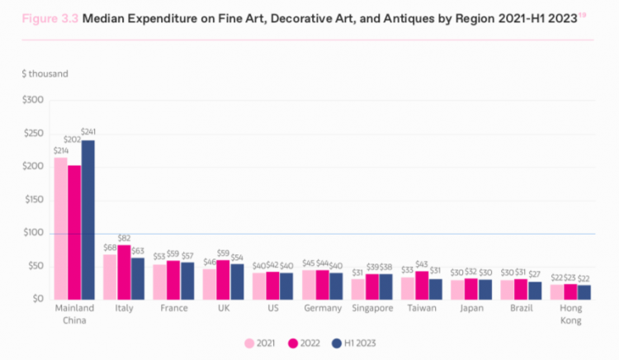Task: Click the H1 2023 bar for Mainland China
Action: (x=88, y=220)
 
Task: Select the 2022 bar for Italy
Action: (x=124, y=272)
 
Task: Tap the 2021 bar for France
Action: (x=160, y=282)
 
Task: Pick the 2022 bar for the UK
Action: (x=223, y=280)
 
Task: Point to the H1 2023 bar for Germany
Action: (x=336, y=287)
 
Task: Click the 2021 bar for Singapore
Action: (x=358, y=289)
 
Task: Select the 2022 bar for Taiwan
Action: (x=422, y=286)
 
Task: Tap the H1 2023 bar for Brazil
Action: (x=535, y=291)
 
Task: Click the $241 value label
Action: (x=88, y=131)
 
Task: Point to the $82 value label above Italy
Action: (x=124, y=238)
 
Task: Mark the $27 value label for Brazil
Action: (x=535, y=274)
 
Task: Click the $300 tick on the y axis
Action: (x=33, y=100)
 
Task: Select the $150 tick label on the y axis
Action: (x=34, y=199)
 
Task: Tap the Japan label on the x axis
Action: (x=471, y=308)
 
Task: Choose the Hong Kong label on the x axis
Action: (x=571, y=315)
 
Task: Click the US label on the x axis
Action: (x=273, y=308)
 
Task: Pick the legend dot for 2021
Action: (x=249, y=343)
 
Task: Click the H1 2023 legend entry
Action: (x=354, y=343)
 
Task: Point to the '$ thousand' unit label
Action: (x=45, y=73)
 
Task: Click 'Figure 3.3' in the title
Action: (x=50, y=18)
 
